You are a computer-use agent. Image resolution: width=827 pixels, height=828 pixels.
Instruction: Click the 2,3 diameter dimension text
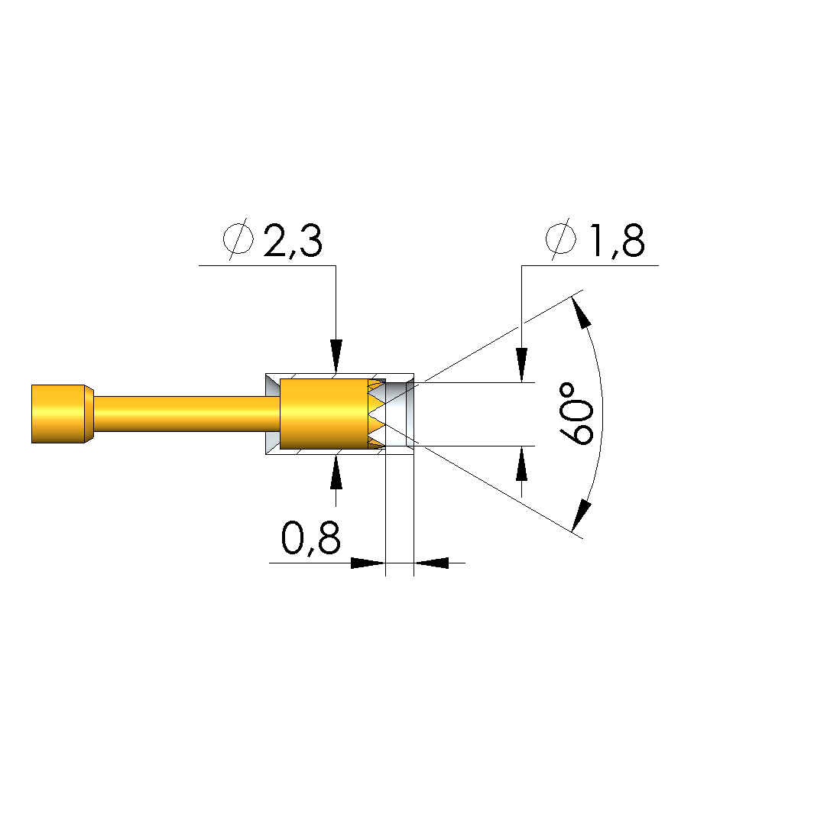tap(293, 242)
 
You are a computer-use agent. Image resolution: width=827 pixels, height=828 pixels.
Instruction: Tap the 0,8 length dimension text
tap(311, 538)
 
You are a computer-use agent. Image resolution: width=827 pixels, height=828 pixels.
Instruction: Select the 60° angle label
tap(576, 414)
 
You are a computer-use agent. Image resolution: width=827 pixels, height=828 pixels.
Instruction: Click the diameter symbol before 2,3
tap(238, 239)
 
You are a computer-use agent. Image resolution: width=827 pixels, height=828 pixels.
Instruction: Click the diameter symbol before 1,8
tap(560, 239)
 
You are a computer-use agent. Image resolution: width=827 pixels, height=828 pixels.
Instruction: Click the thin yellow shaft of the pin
tap(186, 414)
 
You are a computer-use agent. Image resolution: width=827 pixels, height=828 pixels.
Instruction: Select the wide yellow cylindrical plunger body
tap(323, 414)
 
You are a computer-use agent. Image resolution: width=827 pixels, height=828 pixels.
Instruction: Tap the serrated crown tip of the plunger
tap(377, 414)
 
